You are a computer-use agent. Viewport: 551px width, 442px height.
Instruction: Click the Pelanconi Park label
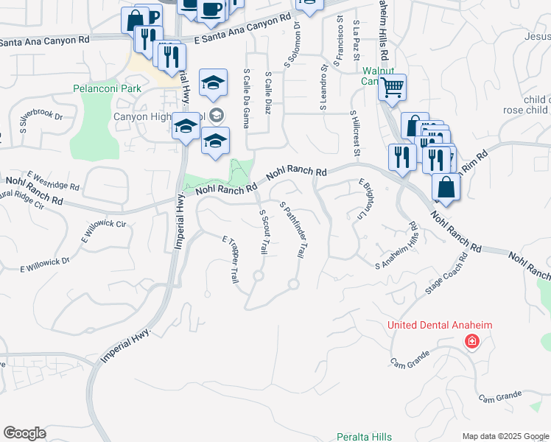click(107, 88)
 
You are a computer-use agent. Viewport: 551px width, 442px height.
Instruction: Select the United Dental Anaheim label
click(441, 326)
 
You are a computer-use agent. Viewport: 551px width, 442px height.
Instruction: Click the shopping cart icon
click(393, 87)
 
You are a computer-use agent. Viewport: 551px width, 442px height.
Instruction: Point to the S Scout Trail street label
click(262, 232)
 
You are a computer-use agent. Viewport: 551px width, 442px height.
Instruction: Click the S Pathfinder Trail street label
click(292, 230)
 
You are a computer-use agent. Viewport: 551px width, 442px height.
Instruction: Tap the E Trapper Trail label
click(231, 260)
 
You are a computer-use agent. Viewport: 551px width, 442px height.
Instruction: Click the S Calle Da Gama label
click(245, 99)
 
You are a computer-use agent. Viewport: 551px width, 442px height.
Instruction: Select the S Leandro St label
click(323, 86)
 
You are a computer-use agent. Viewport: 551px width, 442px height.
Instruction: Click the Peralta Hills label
click(364, 437)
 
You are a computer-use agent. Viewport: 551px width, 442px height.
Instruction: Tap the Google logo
click(24, 433)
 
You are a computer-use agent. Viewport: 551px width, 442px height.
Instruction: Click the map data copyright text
click(505, 436)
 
